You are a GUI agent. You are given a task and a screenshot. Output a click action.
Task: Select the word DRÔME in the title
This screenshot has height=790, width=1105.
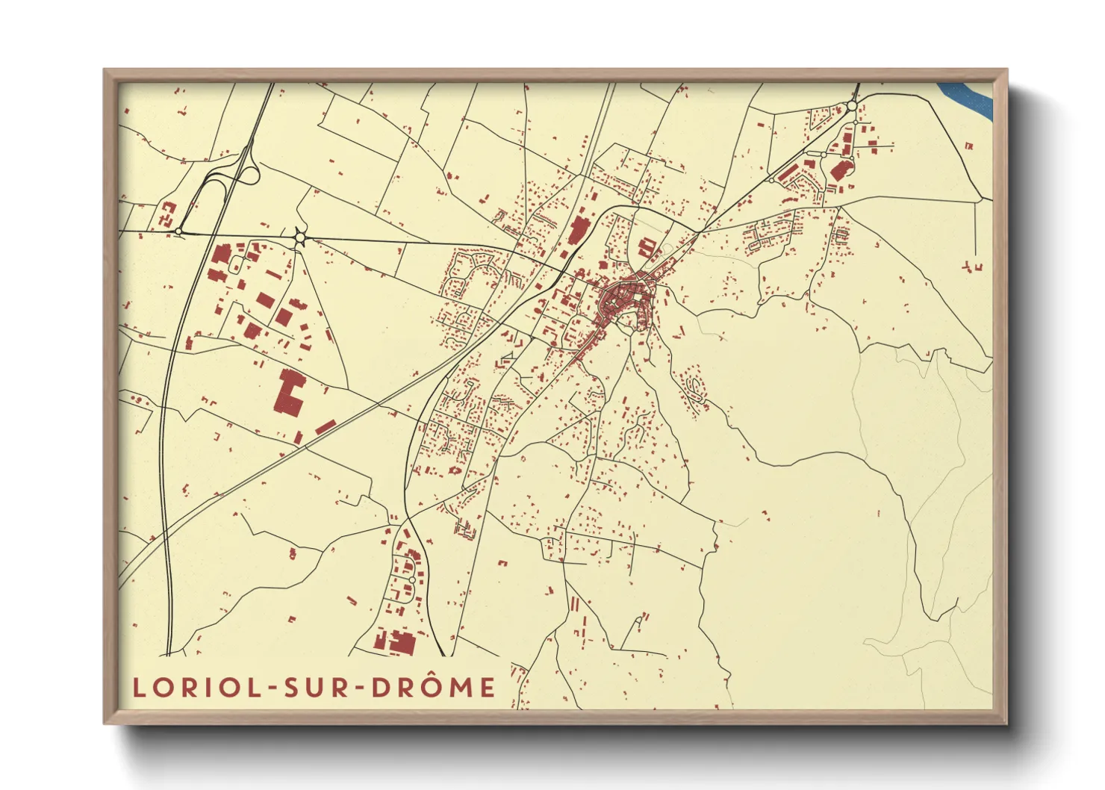click(433, 687)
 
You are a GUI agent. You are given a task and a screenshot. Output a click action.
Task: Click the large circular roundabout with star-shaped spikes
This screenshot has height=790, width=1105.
click(300, 238)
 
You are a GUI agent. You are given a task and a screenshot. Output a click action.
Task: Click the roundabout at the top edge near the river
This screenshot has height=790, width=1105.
click(851, 107)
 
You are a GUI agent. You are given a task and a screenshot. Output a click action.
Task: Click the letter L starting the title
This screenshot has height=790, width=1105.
click(138, 687)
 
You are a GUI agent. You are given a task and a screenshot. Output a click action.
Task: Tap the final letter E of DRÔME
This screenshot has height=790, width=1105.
click(488, 687)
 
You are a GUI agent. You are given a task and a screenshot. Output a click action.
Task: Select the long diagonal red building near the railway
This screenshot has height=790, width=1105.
click(326, 427)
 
